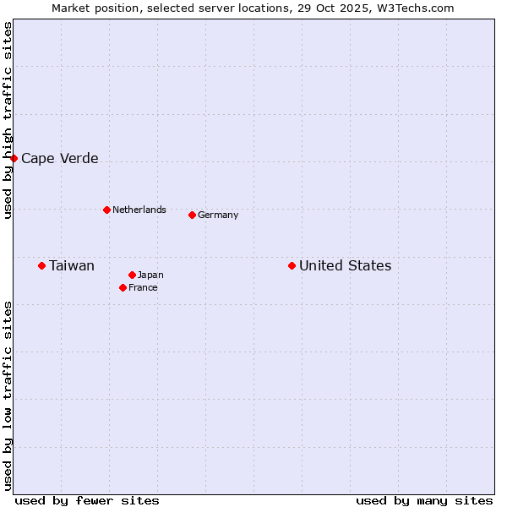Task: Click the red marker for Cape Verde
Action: pyautogui.click(x=14, y=158)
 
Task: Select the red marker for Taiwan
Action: pyautogui.click(x=41, y=265)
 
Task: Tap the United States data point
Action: pyautogui.click(x=292, y=265)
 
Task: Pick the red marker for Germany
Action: pyautogui.click(x=192, y=215)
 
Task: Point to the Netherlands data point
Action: pyautogui.click(x=106, y=210)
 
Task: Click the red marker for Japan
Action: pyautogui.click(x=132, y=275)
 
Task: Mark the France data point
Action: pyautogui.click(x=123, y=287)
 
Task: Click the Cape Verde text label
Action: pyautogui.click(x=59, y=158)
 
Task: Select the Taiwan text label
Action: pyautogui.click(x=72, y=265)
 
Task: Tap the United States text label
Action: pyautogui.click(x=345, y=265)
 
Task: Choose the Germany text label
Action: pyautogui.click(x=218, y=215)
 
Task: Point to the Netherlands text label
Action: pyautogui.click(x=139, y=210)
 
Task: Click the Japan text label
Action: pyautogui.click(x=150, y=275)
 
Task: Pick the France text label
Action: pyautogui.click(x=143, y=287)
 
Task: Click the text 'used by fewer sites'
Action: pyautogui.click(x=87, y=500)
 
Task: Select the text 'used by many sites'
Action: pyautogui.click(x=424, y=500)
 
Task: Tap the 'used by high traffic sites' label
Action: pyautogui.click(x=8, y=120)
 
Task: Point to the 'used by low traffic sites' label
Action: pyautogui.click(x=8, y=395)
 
